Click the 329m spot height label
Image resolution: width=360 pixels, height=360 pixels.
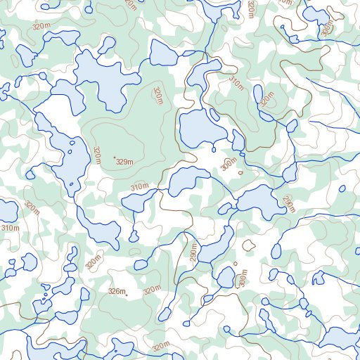[x=125, y=163]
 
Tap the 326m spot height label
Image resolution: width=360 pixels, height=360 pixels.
[x=117, y=291]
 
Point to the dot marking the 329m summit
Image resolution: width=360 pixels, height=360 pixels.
[x=114, y=160]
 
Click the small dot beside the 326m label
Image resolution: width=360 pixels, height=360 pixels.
[x=127, y=295]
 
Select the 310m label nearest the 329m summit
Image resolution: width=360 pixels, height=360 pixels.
[x=140, y=187]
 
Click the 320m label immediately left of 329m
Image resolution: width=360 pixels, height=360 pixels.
[x=97, y=153]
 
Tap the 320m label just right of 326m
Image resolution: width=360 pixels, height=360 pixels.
[x=151, y=290]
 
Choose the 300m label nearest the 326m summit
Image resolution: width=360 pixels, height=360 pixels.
[x=243, y=280]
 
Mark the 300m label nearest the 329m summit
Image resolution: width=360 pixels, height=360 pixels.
[x=229, y=165]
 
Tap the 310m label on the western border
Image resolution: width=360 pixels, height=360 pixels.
[x=10, y=228]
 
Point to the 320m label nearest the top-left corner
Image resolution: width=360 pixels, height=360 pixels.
[x=42, y=25]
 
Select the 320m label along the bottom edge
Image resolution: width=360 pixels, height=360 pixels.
[x=161, y=347]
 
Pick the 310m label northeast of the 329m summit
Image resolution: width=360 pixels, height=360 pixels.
[x=236, y=84]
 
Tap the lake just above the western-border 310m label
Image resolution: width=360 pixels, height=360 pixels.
[x=7, y=210]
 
